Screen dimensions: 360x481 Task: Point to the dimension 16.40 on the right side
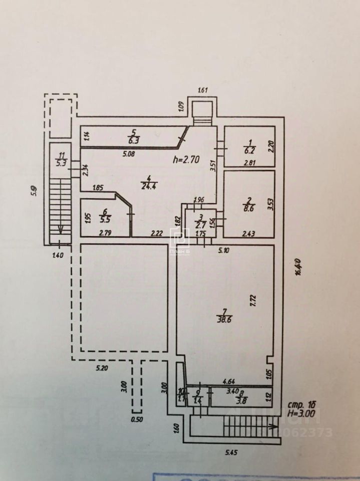[x=298, y=267]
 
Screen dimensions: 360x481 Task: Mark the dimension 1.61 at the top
[x=203, y=91]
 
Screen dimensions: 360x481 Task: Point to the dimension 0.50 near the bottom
[x=136, y=419]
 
